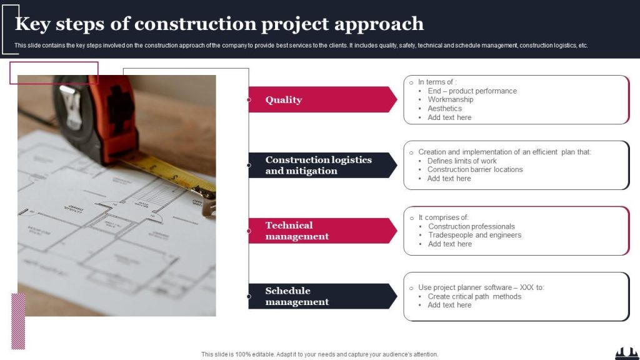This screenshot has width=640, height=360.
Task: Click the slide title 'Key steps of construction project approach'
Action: (219, 24)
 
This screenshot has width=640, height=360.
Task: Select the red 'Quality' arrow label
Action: (284, 100)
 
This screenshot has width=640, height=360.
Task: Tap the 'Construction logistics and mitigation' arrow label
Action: (318, 165)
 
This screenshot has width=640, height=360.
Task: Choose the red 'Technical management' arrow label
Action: (297, 231)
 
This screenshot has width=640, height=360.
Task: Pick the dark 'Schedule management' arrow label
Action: (297, 296)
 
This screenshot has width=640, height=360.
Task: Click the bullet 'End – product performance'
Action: (472, 91)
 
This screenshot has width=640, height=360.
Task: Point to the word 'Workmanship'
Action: (450, 99)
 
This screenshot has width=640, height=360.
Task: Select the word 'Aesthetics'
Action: (444, 108)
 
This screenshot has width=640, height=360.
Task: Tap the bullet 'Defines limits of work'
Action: (462, 161)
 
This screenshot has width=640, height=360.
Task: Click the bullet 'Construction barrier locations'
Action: (475, 169)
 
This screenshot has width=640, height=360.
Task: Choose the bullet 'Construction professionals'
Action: (471, 226)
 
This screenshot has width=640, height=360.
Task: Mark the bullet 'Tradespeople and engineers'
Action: (474, 235)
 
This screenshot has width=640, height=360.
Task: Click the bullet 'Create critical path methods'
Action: (474, 296)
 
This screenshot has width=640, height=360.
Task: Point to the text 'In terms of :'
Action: (437, 82)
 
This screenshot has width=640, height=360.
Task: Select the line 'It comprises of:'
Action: (443, 217)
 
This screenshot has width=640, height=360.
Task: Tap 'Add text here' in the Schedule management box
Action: (449, 305)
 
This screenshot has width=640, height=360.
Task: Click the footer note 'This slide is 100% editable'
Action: (319, 354)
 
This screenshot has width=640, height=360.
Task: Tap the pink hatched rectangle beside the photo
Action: (19, 321)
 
